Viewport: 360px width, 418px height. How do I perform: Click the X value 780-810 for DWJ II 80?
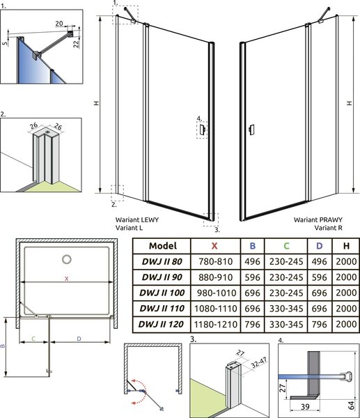coord(216,261)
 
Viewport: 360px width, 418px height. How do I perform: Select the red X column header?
coord(214,246)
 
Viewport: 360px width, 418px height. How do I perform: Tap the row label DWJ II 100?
coord(162,293)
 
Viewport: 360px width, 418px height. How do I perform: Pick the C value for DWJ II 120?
coord(286,324)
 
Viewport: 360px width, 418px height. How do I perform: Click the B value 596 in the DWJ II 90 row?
coord(252,277)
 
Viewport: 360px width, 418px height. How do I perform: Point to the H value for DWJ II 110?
coord(346,309)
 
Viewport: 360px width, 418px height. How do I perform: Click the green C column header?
coord(286,246)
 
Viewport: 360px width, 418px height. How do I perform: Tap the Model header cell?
coord(163,246)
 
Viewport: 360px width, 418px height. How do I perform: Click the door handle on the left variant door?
coord(202,130)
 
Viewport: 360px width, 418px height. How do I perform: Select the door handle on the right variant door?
coord(251,130)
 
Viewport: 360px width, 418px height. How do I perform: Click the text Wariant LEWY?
coord(137,219)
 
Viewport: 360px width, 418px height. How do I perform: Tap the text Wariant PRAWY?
coord(318,219)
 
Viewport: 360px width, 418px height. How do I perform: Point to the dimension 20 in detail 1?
coord(59,24)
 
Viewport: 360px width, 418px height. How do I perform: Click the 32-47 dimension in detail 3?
coord(259,362)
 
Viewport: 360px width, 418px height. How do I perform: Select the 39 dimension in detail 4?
coord(305,407)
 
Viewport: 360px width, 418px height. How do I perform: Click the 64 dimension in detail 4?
coord(352,405)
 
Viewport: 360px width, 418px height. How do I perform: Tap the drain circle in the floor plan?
coord(67,259)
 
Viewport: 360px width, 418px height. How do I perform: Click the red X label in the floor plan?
coord(67,279)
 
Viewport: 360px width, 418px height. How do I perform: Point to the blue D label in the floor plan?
coord(79,339)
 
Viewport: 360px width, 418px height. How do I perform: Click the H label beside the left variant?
coord(97,103)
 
